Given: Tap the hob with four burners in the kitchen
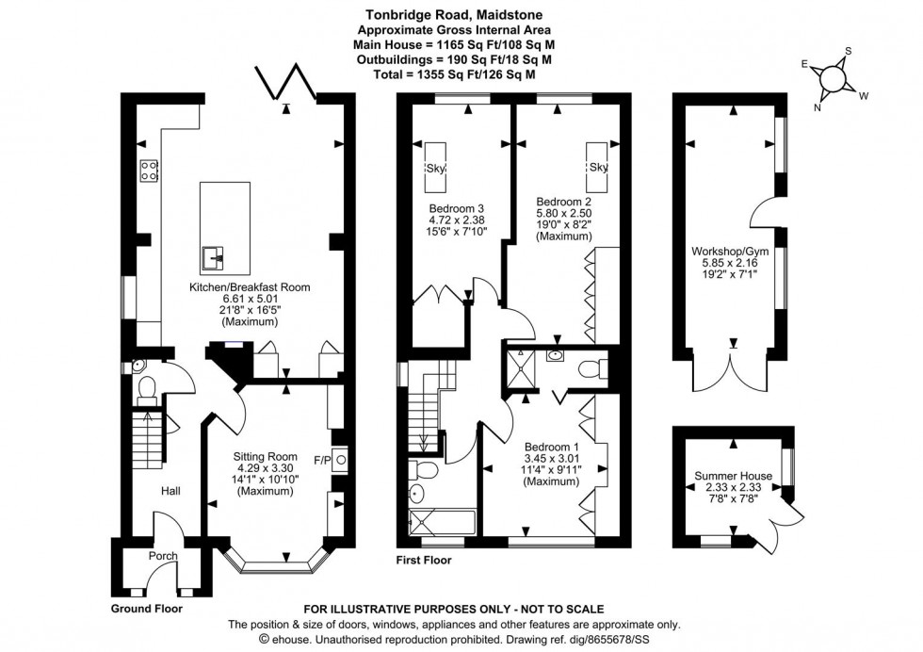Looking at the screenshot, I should tap(149, 171).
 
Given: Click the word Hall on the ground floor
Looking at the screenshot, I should tap(170, 491).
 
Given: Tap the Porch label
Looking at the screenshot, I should tap(163, 556).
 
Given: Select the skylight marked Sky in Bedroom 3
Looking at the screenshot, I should tap(435, 167).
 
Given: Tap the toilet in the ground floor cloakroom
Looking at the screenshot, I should tap(147, 388).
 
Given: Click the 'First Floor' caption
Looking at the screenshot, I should tap(424, 561).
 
